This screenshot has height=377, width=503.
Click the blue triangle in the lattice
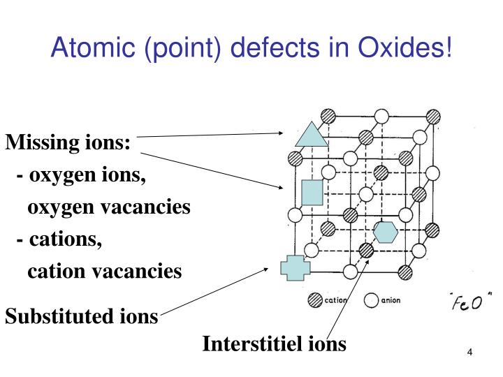pyautogui.click(x=312, y=135)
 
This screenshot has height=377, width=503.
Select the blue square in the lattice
pyautogui.click(x=312, y=192)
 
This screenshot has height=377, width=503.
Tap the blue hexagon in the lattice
pyautogui.click(x=385, y=231)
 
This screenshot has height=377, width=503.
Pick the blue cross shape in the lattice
pyautogui.click(x=295, y=267)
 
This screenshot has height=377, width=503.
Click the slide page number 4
pyautogui.click(x=470, y=351)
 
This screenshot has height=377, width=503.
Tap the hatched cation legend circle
pyautogui.click(x=315, y=302)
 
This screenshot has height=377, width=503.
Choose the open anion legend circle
pyautogui.click(x=371, y=302)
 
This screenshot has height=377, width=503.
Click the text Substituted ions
pyautogui.click(x=82, y=316)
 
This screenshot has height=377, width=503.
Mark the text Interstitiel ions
pyautogui.click(x=274, y=343)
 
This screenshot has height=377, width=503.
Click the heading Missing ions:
pyautogui.click(x=68, y=143)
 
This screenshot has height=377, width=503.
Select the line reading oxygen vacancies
pyautogui.click(x=108, y=207)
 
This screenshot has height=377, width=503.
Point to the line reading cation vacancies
pyautogui.click(x=105, y=271)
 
